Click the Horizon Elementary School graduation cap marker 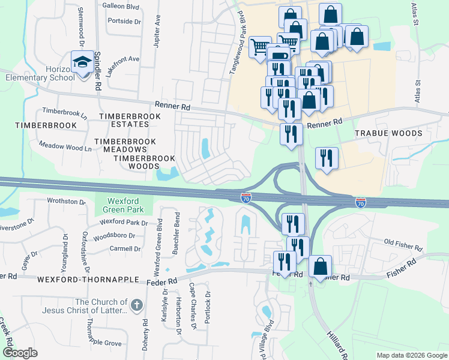point(83,61)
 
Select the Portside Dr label point(124,21)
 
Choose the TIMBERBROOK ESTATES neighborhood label point(124,119)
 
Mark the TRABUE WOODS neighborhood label point(388,133)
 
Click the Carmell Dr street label point(125,248)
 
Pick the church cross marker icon point(137,306)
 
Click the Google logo point(20,353)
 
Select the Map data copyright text point(411,355)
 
